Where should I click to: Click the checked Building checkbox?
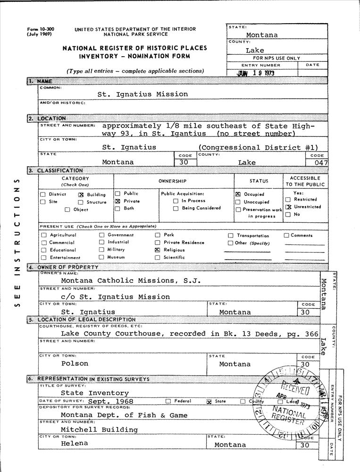[x=81, y=194]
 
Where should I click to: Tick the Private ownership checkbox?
[x=117, y=201]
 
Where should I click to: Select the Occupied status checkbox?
[x=238, y=194]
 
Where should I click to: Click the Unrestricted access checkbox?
[x=288, y=207]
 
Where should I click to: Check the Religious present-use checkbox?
[x=158, y=250]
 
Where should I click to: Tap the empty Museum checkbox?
[x=101, y=257]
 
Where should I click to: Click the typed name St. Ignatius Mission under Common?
[x=142, y=94]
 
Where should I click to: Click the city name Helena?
[x=74, y=444]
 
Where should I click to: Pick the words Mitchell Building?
[x=99, y=430]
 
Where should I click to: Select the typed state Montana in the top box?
[x=262, y=35]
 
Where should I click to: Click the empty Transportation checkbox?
[x=231, y=236]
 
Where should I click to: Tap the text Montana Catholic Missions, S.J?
[x=131, y=280]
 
